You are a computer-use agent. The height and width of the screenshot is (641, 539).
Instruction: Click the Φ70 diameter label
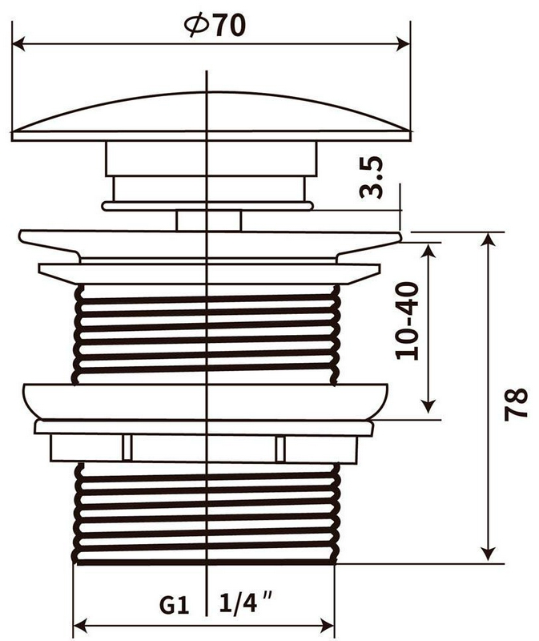215,26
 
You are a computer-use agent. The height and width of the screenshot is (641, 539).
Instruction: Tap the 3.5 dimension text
371,177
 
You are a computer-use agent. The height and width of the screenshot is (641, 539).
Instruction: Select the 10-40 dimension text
408,321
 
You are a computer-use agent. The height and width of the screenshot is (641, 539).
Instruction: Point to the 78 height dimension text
516,404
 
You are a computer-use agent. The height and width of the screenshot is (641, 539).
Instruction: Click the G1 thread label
174,605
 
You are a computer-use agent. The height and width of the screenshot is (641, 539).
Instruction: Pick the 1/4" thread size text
245,602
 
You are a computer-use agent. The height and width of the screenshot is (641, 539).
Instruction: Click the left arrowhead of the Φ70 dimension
19,44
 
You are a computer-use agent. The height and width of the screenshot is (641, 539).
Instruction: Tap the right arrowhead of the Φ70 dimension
404,44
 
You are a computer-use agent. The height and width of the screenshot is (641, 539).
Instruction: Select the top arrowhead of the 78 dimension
488,240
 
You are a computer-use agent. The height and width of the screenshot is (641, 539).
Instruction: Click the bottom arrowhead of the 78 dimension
488,555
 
